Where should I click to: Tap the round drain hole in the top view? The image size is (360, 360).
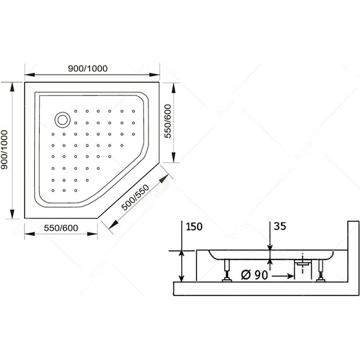click(x=63, y=119)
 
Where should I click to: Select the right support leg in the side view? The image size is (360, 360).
click(x=323, y=272)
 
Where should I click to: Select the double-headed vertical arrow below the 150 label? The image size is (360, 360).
click(x=182, y=265)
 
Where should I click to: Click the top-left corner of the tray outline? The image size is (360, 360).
click(x=25, y=81)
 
